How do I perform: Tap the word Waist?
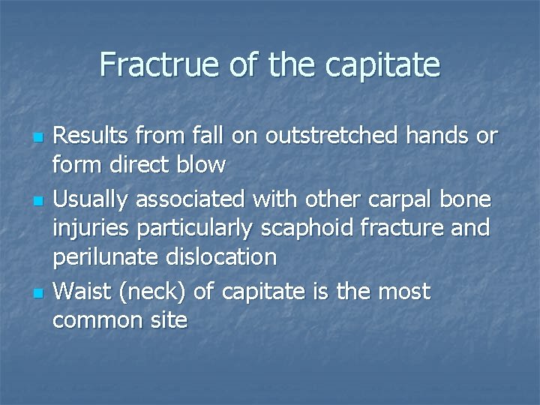click(x=85, y=291)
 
